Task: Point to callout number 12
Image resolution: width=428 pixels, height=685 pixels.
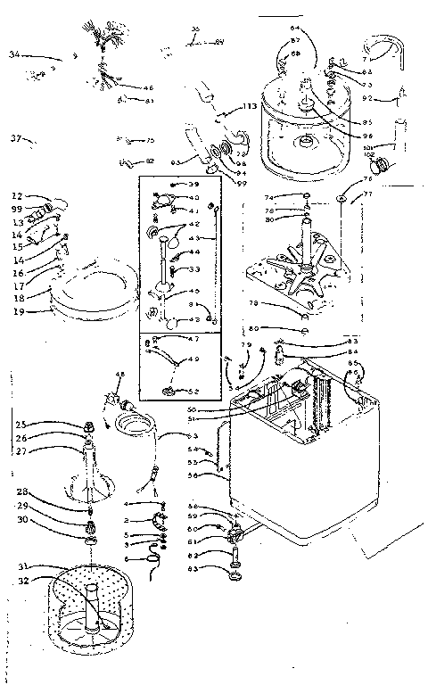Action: pos(17,195)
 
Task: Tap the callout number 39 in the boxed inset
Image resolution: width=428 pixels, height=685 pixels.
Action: pos(193,184)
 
